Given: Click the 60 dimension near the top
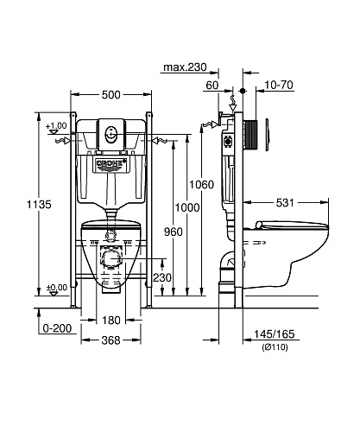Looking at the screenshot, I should coord(212,86).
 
